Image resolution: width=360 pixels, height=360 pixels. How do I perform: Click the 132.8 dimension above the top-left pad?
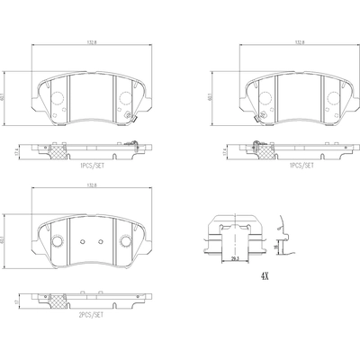click(x=92, y=40)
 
